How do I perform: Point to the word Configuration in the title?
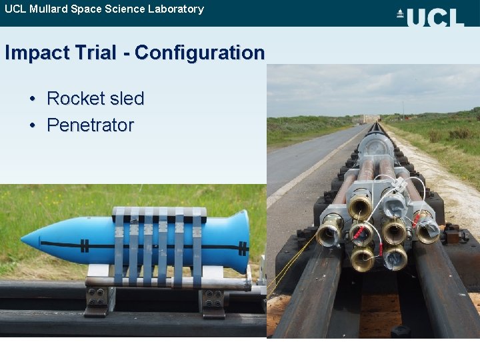pos(199,53)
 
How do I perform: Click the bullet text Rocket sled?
pos(95,99)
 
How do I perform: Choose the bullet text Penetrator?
pos(90,125)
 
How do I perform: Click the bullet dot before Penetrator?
pos(33,125)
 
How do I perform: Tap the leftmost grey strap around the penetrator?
pos(119,243)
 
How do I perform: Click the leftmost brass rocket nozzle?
pos(328,234)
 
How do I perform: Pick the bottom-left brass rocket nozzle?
pos(362,258)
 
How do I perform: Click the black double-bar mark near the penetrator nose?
pos(85,245)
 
